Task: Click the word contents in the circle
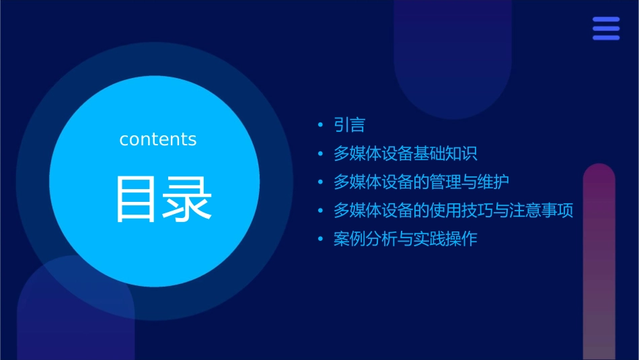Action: (x=158, y=139)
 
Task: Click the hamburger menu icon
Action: (x=605, y=29)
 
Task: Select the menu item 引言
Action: (x=349, y=125)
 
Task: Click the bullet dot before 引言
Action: (x=320, y=125)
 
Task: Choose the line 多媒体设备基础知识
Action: (x=405, y=153)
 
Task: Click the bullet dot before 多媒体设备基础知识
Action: (x=320, y=153)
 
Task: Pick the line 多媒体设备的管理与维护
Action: (x=421, y=182)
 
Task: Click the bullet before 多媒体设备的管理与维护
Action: (x=320, y=182)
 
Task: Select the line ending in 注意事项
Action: (x=453, y=211)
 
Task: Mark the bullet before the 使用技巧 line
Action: (x=320, y=211)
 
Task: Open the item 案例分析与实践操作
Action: (x=405, y=239)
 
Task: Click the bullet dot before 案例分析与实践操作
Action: (x=320, y=239)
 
